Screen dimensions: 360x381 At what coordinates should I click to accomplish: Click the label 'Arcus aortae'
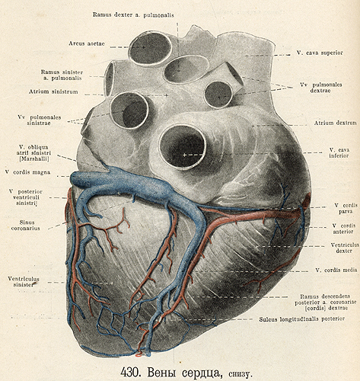(x=87, y=43)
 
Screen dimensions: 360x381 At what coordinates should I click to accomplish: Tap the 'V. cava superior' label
(x=320, y=53)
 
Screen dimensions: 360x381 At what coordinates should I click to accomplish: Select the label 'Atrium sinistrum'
(x=53, y=91)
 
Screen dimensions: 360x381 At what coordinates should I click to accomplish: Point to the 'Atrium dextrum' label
(x=335, y=123)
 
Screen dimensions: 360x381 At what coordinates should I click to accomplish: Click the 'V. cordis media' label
(x=336, y=270)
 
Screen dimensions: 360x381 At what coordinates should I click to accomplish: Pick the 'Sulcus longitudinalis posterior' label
(x=301, y=319)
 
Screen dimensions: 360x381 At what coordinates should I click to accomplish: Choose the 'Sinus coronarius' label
(x=25, y=226)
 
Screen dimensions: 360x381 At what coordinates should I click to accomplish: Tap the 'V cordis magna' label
(x=27, y=172)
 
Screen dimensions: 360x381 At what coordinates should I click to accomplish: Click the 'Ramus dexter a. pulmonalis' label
(x=133, y=14)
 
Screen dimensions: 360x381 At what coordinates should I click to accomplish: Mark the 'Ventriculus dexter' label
(x=345, y=248)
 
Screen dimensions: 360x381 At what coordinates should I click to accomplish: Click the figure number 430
(x=129, y=372)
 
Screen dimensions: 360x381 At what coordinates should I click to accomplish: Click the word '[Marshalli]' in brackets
(x=34, y=158)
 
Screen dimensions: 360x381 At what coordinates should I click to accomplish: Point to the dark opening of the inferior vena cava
(x=182, y=147)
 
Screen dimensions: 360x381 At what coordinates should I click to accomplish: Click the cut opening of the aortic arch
(x=150, y=48)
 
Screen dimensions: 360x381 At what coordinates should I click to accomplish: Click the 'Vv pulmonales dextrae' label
(x=321, y=88)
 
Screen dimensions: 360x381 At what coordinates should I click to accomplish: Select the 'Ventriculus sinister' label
(x=24, y=282)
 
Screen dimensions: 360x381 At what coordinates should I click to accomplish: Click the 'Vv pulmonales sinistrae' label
(x=40, y=120)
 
